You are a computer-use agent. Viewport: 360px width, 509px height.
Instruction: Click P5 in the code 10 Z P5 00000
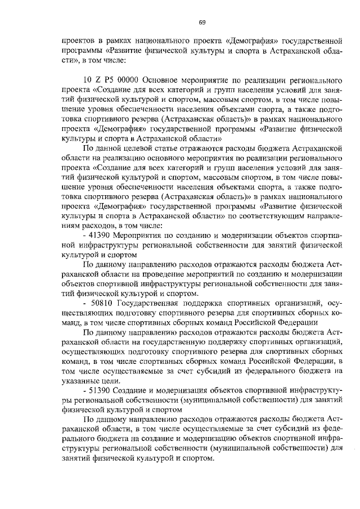[109, 79]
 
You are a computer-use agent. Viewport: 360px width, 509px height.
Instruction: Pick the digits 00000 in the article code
[130, 79]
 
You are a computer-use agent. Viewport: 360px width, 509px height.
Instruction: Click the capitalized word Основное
[168, 79]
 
